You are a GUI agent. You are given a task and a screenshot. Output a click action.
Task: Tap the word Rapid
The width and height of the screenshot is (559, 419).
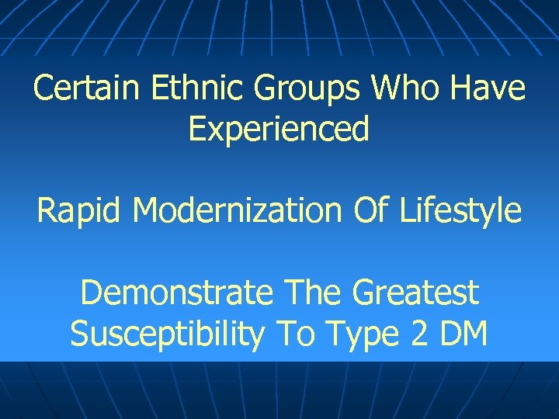[x=80, y=211]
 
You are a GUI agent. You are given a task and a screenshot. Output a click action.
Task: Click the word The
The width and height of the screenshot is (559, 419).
[x=314, y=294]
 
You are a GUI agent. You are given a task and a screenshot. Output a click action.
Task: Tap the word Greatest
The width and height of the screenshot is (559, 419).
[x=415, y=294]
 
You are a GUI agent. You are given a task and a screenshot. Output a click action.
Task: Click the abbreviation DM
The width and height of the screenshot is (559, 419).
[x=464, y=335]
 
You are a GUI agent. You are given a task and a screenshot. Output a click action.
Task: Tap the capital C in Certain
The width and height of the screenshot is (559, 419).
[x=43, y=89]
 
